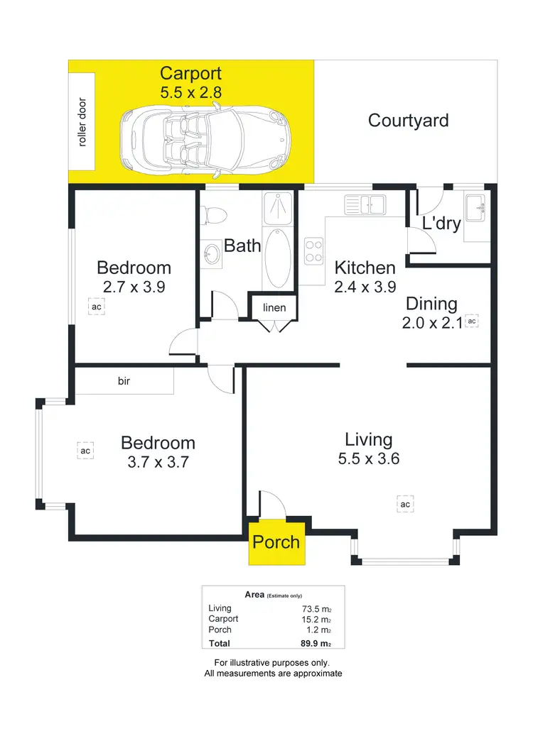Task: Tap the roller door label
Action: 82,122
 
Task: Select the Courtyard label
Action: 408,120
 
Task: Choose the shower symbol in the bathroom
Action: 278,207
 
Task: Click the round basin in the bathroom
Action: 210,253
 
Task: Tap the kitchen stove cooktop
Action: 314,250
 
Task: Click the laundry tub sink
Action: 476,208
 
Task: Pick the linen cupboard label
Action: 274,308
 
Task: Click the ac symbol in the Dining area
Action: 473,321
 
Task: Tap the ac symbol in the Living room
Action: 405,504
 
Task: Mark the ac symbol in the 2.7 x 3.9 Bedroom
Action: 96,307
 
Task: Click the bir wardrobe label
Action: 124,381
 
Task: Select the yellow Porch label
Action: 276,542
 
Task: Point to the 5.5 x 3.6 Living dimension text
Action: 369,459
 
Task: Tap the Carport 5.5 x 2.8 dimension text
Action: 190,92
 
